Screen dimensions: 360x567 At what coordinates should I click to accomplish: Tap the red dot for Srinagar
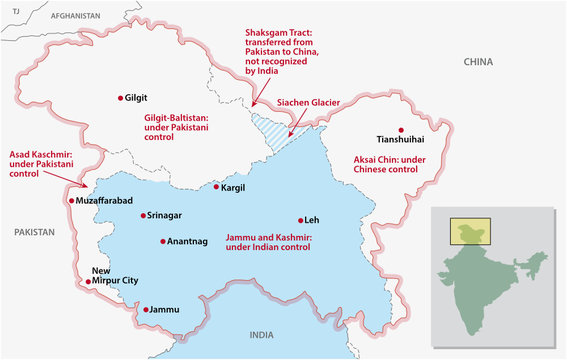point(144,215)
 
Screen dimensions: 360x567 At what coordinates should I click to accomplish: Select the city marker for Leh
point(300,219)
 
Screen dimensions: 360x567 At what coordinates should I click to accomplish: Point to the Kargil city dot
point(216,187)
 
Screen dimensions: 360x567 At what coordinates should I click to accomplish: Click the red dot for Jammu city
point(145,310)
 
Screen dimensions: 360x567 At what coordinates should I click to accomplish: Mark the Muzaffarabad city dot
point(71,200)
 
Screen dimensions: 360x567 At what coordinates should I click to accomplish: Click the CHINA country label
point(478,62)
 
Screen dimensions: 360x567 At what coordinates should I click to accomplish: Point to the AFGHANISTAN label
point(76,17)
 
